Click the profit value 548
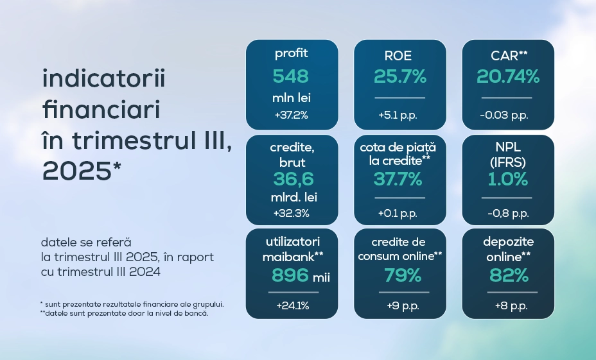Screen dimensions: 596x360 (x=291, y=76)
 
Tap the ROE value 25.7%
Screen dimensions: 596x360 (x=400, y=76)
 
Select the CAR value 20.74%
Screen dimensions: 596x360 (x=508, y=76)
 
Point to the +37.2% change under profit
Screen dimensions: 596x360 (x=291, y=115)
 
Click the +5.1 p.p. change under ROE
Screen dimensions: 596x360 (x=398, y=116)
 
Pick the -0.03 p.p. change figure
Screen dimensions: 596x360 (x=504, y=116)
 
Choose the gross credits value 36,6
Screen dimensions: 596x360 (x=294, y=179)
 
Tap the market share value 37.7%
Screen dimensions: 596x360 (x=398, y=179)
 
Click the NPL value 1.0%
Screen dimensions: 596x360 (x=508, y=179)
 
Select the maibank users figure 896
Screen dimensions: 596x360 (x=290, y=275)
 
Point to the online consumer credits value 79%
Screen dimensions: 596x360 (x=403, y=275)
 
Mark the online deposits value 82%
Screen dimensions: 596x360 (x=509, y=275)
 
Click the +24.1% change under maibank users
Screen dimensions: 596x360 (x=293, y=305)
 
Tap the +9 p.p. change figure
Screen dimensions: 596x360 (x=403, y=306)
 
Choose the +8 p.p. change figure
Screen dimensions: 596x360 (x=511, y=306)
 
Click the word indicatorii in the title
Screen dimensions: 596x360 (x=104, y=78)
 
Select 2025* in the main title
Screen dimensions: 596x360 (x=82, y=171)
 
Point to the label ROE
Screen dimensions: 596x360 (x=398, y=56)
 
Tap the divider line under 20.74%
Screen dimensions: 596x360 (x=507, y=98)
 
